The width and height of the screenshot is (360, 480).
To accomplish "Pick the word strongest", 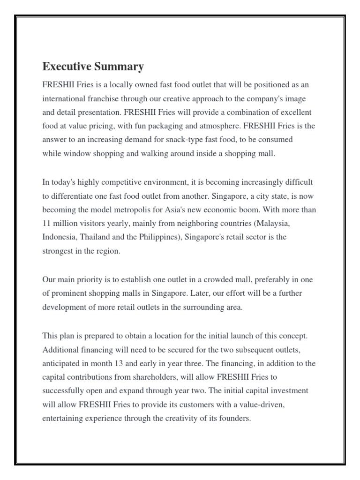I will tap(57, 251).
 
